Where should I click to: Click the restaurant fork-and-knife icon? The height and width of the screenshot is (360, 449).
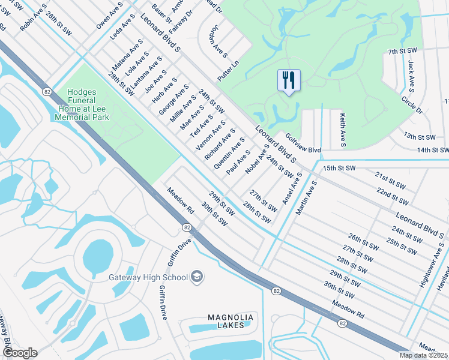pos(289,80)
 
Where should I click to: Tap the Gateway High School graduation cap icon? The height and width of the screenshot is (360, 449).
pos(197,277)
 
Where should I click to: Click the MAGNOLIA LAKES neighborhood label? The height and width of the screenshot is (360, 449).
pos(231,321)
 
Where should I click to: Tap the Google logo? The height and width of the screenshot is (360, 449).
pos(19,353)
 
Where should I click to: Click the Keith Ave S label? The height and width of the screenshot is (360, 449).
pos(343,130)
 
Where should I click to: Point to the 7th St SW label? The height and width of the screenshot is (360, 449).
pos(402,52)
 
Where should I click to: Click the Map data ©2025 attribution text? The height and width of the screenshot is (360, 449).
pos(423,355)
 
